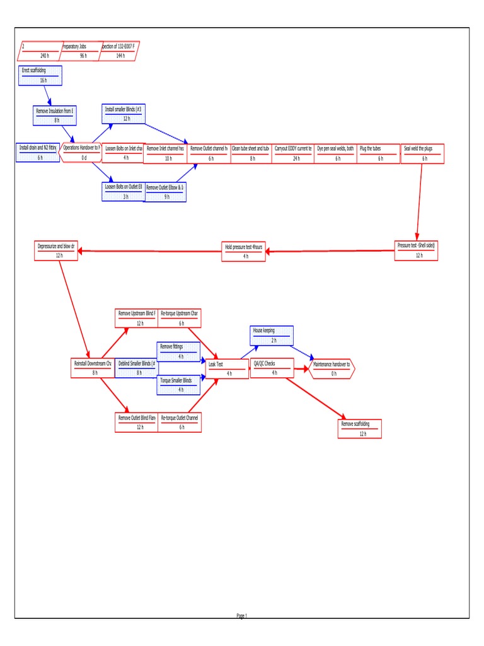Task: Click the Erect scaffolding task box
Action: pos(41,75)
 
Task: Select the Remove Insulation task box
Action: pos(55,115)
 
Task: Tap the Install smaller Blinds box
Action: pos(124,114)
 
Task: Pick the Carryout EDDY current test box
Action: pos(293,153)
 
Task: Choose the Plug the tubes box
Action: pos(378,153)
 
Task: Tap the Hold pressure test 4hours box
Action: pos(244,251)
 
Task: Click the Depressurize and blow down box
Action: pos(56,250)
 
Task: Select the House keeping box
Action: pos(272,335)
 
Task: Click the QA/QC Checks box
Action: pos(272,368)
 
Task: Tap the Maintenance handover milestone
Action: pos(332,368)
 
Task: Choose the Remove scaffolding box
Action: pos(360,428)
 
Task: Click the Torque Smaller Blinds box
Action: pos(179,385)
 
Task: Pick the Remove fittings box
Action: pos(179,351)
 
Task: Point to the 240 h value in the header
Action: pos(44,56)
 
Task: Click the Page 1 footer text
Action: pos(242,616)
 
